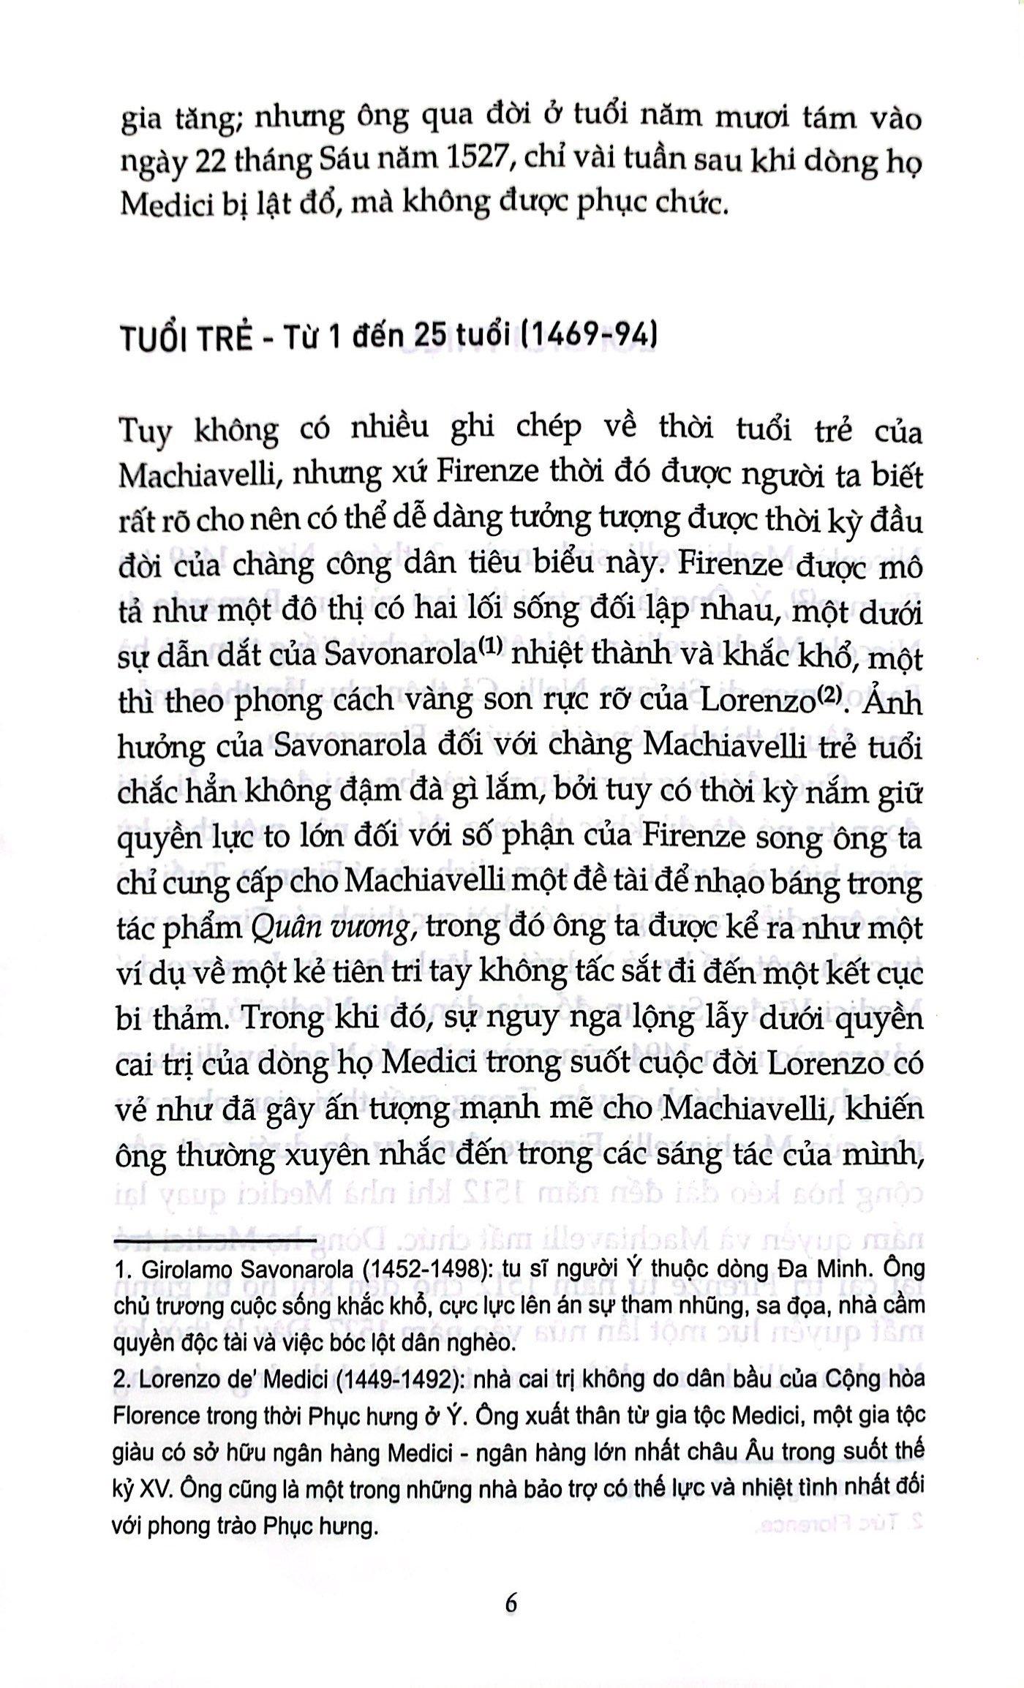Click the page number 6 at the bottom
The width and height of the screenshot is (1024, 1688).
511,1603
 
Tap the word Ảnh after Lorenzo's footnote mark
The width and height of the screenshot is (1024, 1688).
895,702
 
